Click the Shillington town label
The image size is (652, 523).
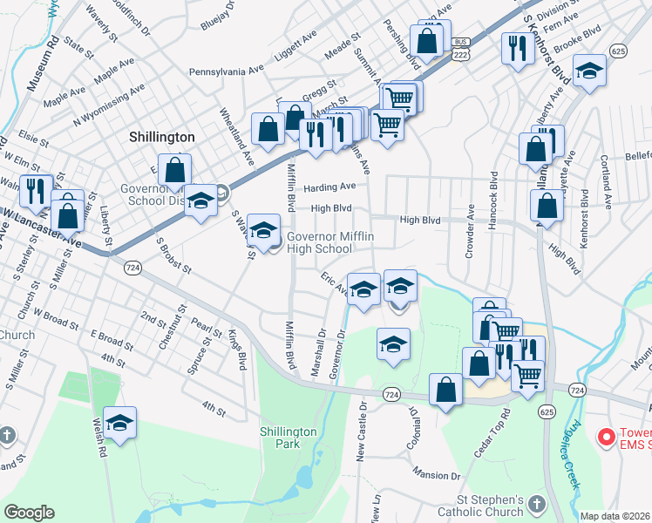pyautogui.click(x=162, y=137)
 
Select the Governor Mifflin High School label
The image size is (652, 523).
pyautogui.click(x=319, y=241)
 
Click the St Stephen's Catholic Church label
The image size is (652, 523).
pyautogui.click(x=492, y=506)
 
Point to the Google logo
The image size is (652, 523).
pyautogui.click(x=29, y=513)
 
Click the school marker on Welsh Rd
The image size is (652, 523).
pyautogui.click(x=120, y=424)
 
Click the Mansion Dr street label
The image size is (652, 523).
pyautogui.click(x=437, y=476)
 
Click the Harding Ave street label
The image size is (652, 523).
pyautogui.click(x=329, y=187)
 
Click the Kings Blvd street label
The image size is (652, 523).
pyautogui.click(x=236, y=350)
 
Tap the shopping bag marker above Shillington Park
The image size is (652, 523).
pyautogui.click(x=446, y=391)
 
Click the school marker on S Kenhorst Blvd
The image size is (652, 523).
pyautogui.click(x=590, y=71)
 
